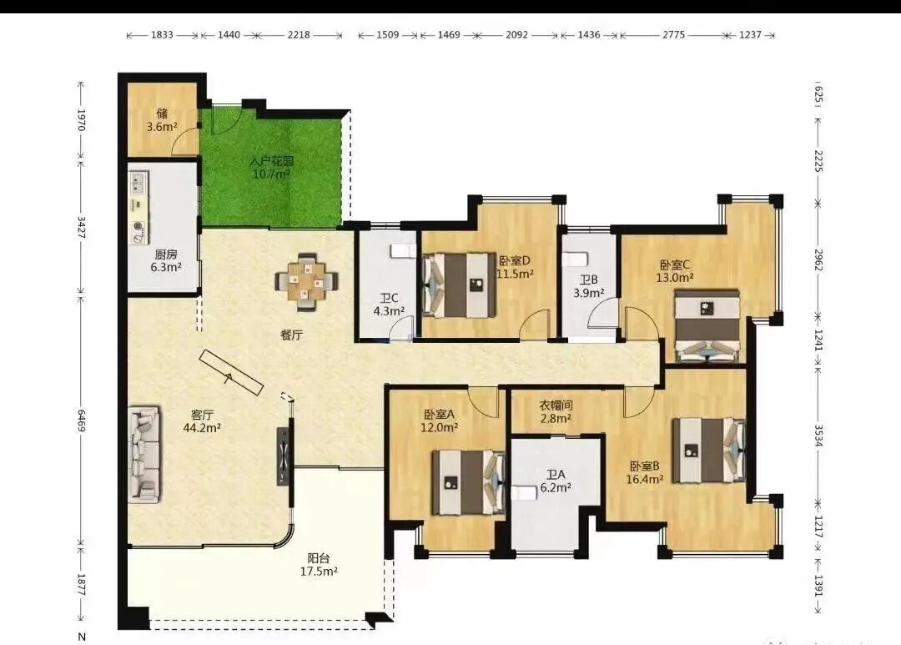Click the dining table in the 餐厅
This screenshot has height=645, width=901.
[306, 281]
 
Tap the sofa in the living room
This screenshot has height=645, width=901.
[143, 455]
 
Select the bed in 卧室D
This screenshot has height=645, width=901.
[459, 285]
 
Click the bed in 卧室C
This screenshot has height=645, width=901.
[707, 326]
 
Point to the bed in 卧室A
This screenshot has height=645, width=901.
[468, 481]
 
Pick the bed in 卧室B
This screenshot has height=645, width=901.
[710, 450]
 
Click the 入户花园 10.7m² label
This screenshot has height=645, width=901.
[271, 167]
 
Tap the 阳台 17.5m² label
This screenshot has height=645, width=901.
[319, 565]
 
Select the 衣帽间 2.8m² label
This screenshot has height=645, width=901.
[556, 411]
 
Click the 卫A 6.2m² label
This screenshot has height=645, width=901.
[556, 481]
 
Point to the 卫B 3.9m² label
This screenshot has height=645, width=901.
[589, 285]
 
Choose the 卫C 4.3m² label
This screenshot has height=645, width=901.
[389, 305]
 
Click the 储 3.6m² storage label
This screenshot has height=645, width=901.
[162, 119]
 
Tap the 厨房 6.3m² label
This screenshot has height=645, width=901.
[166, 260]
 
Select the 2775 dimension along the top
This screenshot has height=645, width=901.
[673, 34]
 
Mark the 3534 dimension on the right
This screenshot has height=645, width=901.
[819, 436]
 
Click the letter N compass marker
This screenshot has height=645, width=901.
[82, 637]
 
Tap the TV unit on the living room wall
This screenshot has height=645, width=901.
[284, 456]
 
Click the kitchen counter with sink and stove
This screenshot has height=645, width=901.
[138, 208]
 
